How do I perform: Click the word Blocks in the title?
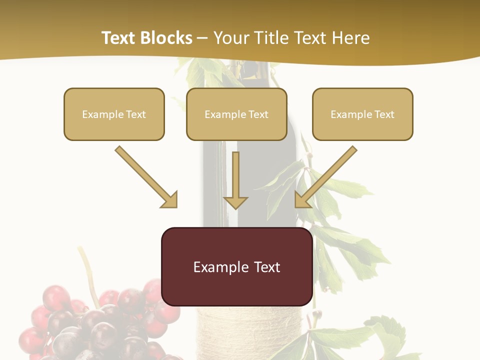point(166,38)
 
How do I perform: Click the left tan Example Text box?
point(114,114)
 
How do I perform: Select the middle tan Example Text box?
point(236,114)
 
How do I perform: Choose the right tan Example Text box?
point(362,114)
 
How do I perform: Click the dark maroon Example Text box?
point(236,267)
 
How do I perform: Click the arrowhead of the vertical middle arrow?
point(235,202)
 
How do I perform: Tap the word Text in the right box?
point(384,114)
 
